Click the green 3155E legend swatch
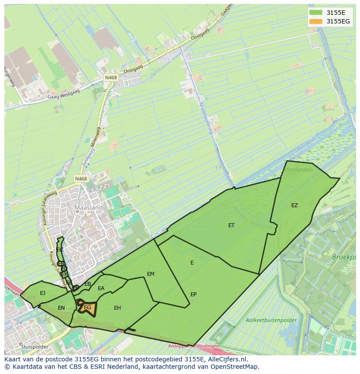(x=316, y=13)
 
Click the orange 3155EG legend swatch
(x=316, y=21)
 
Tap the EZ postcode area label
(x=295, y=205)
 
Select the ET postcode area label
(x=231, y=225)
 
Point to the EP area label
(x=193, y=295)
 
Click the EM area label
(x=151, y=274)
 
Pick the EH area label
(x=117, y=308)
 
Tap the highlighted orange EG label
(x=87, y=308)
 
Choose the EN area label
(x=61, y=308)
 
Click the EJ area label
(x=43, y=293)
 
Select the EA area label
(x=101, y=288)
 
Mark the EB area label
(x=88, y=284)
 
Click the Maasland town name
(x=89, y=208)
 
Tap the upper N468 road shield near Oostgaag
(x=110, y=77)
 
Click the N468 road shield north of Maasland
(x=81, y=179)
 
